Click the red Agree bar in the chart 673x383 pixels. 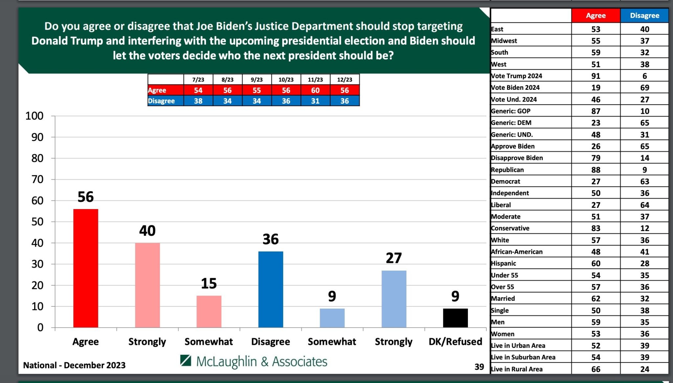(85, 268)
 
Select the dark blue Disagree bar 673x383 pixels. (270, 289)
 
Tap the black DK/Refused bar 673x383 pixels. (455, 318)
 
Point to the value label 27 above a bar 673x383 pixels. (394, 258)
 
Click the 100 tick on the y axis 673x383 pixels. (35, 116)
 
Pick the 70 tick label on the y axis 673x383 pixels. (37, 180)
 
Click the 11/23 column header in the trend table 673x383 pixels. (315, 80)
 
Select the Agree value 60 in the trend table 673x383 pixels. (315, 90)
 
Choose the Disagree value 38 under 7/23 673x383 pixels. (198, 101)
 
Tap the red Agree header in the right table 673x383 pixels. (595, 15)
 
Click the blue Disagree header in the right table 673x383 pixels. (644, 15)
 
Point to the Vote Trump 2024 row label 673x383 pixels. (517, 76)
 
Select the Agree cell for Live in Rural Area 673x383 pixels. (595, 369)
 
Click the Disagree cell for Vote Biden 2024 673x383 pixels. (644, 88)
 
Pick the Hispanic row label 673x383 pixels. (503, 263)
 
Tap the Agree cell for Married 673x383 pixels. (595, 299)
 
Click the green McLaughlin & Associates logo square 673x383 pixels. (186, 361)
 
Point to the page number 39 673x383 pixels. (479, 367)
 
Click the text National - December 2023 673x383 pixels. (74, 365)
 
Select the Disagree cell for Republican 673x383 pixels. (644, 170)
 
